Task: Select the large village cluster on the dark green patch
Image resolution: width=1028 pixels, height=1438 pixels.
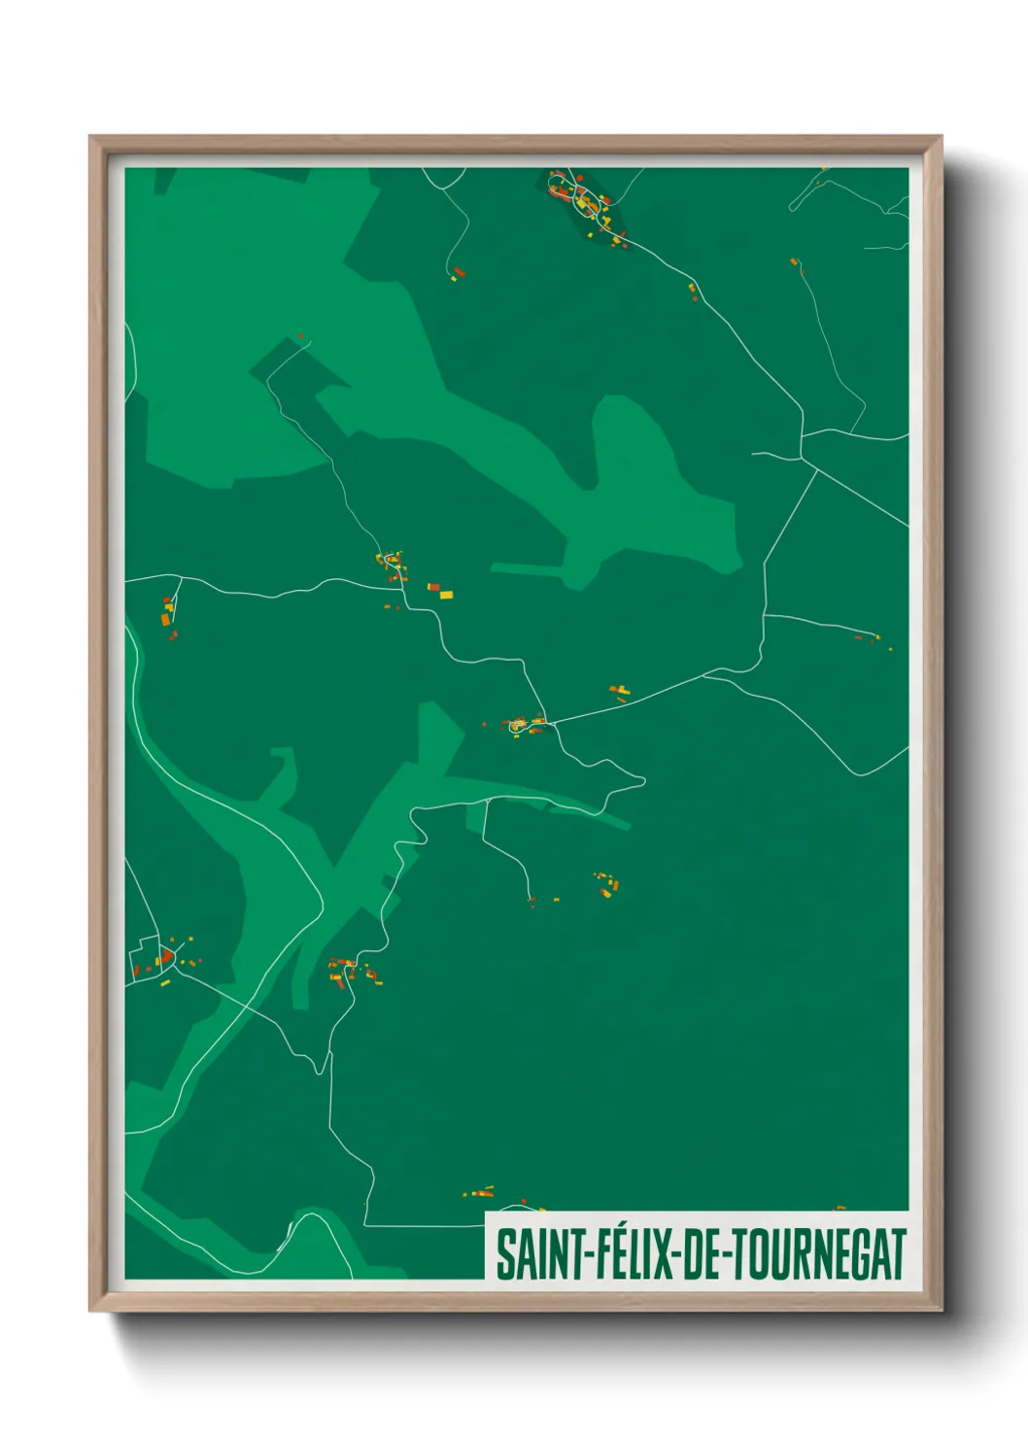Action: [x=585, y=204]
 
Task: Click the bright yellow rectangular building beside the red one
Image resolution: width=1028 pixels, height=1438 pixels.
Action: [x=447, y=594]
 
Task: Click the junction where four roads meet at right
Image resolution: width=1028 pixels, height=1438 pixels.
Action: [x=803, y=459]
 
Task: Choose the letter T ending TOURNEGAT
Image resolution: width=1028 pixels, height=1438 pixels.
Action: [x=899, y=1254]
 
